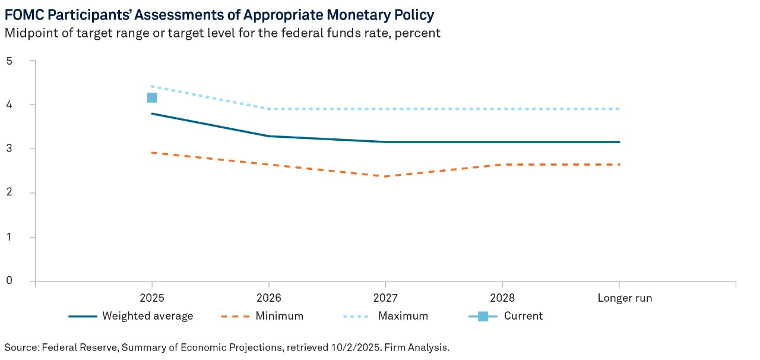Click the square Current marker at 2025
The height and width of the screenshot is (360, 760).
tap(152, 97)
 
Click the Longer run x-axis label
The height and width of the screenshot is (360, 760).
tap(624, 298)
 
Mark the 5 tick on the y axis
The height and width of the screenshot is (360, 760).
tap(9, 61)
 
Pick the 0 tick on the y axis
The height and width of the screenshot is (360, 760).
tap(9, 281)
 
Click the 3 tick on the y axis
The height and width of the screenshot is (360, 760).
tap(9, 149)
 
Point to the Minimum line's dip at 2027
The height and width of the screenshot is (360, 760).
tap(385, 176)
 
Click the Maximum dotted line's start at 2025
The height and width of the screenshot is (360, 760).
tap(152, 86)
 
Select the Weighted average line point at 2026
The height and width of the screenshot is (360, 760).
tap(269, 136)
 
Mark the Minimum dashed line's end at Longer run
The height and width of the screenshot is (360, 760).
tap(619, 165)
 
